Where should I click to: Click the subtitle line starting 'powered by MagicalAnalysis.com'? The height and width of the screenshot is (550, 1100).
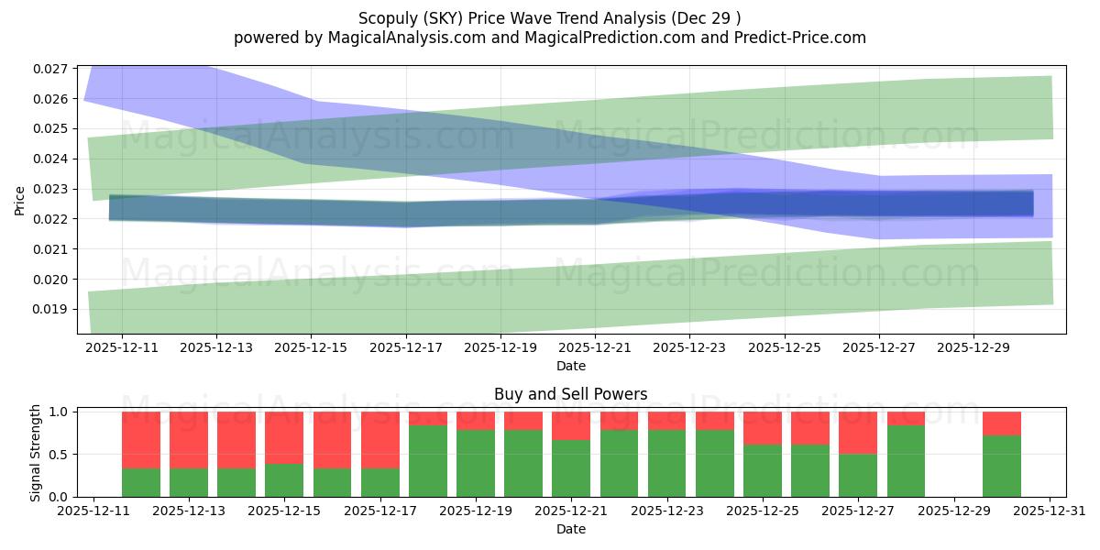(549, 38)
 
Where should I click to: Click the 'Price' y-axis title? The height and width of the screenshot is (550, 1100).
(20, 200)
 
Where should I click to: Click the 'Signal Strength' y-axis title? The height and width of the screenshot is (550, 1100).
(36, 453)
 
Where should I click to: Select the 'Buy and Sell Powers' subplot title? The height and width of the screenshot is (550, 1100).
(570, 394)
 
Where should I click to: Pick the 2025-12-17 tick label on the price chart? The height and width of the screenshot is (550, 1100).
(406, 348)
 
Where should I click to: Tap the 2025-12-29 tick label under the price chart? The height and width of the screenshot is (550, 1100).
(973, 348)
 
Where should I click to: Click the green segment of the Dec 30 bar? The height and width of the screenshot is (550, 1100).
(1001, 466)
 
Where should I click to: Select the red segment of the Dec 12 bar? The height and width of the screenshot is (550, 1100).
(141, 440)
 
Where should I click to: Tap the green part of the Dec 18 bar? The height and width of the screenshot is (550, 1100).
(428, 461)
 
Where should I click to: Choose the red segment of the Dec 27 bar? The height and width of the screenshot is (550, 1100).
(858, 433)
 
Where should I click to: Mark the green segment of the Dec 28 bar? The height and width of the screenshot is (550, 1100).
(906, 461)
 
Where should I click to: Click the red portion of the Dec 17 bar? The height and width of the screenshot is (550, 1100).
(380, 440)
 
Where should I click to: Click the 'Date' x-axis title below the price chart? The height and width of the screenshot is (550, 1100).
(570, 366)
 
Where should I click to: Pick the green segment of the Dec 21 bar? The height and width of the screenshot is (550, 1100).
(571, 468)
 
